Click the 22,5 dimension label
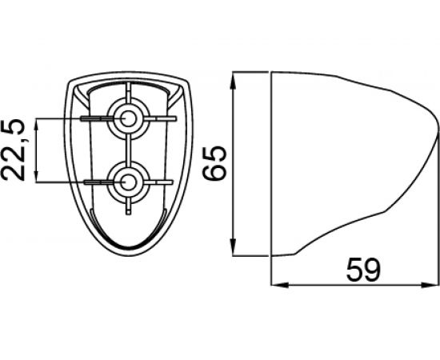(13, 150)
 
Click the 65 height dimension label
(214, 162)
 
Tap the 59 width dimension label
(364, 270)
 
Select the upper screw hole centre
(128, 118)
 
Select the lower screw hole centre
(128, 182)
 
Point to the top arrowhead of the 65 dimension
(233, 81)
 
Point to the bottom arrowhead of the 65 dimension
(233, 247)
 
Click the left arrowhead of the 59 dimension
(280, 285)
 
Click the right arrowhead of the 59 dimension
(430, 285)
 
